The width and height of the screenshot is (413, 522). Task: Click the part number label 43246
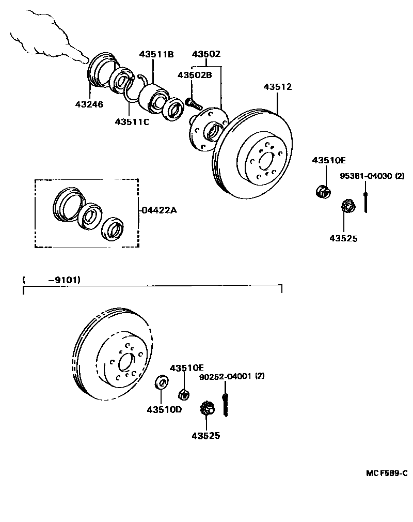tap(89, 104)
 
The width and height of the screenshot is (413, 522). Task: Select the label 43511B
tap(156, 54)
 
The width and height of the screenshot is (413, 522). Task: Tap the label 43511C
tap(132, 122)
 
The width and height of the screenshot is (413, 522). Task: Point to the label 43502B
tap(195, 75)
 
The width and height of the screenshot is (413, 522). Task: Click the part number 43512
tap(277, 87)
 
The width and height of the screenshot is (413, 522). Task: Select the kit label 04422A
tap(159, 210)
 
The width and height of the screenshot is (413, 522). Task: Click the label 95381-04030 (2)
tap(372, 176)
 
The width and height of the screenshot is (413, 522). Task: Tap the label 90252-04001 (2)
tap(232, 377)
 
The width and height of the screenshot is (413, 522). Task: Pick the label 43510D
tap(164, 410)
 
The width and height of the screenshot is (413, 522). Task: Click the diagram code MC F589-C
tap(387, 473)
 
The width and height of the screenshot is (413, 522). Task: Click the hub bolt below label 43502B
tap(193, 102)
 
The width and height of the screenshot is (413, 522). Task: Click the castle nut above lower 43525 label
tap(207, 408)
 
